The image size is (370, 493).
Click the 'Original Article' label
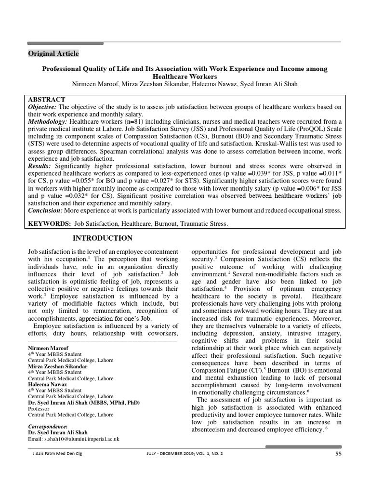click(53, 53)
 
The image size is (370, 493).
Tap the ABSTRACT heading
click(47, 99)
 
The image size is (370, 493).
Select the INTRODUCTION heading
click(102, 238)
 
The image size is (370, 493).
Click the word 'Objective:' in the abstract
click(42, 106)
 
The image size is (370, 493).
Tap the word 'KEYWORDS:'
click(48, 224)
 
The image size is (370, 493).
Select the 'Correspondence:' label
click(48, 427)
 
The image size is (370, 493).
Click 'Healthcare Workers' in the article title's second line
click(185, 77)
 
